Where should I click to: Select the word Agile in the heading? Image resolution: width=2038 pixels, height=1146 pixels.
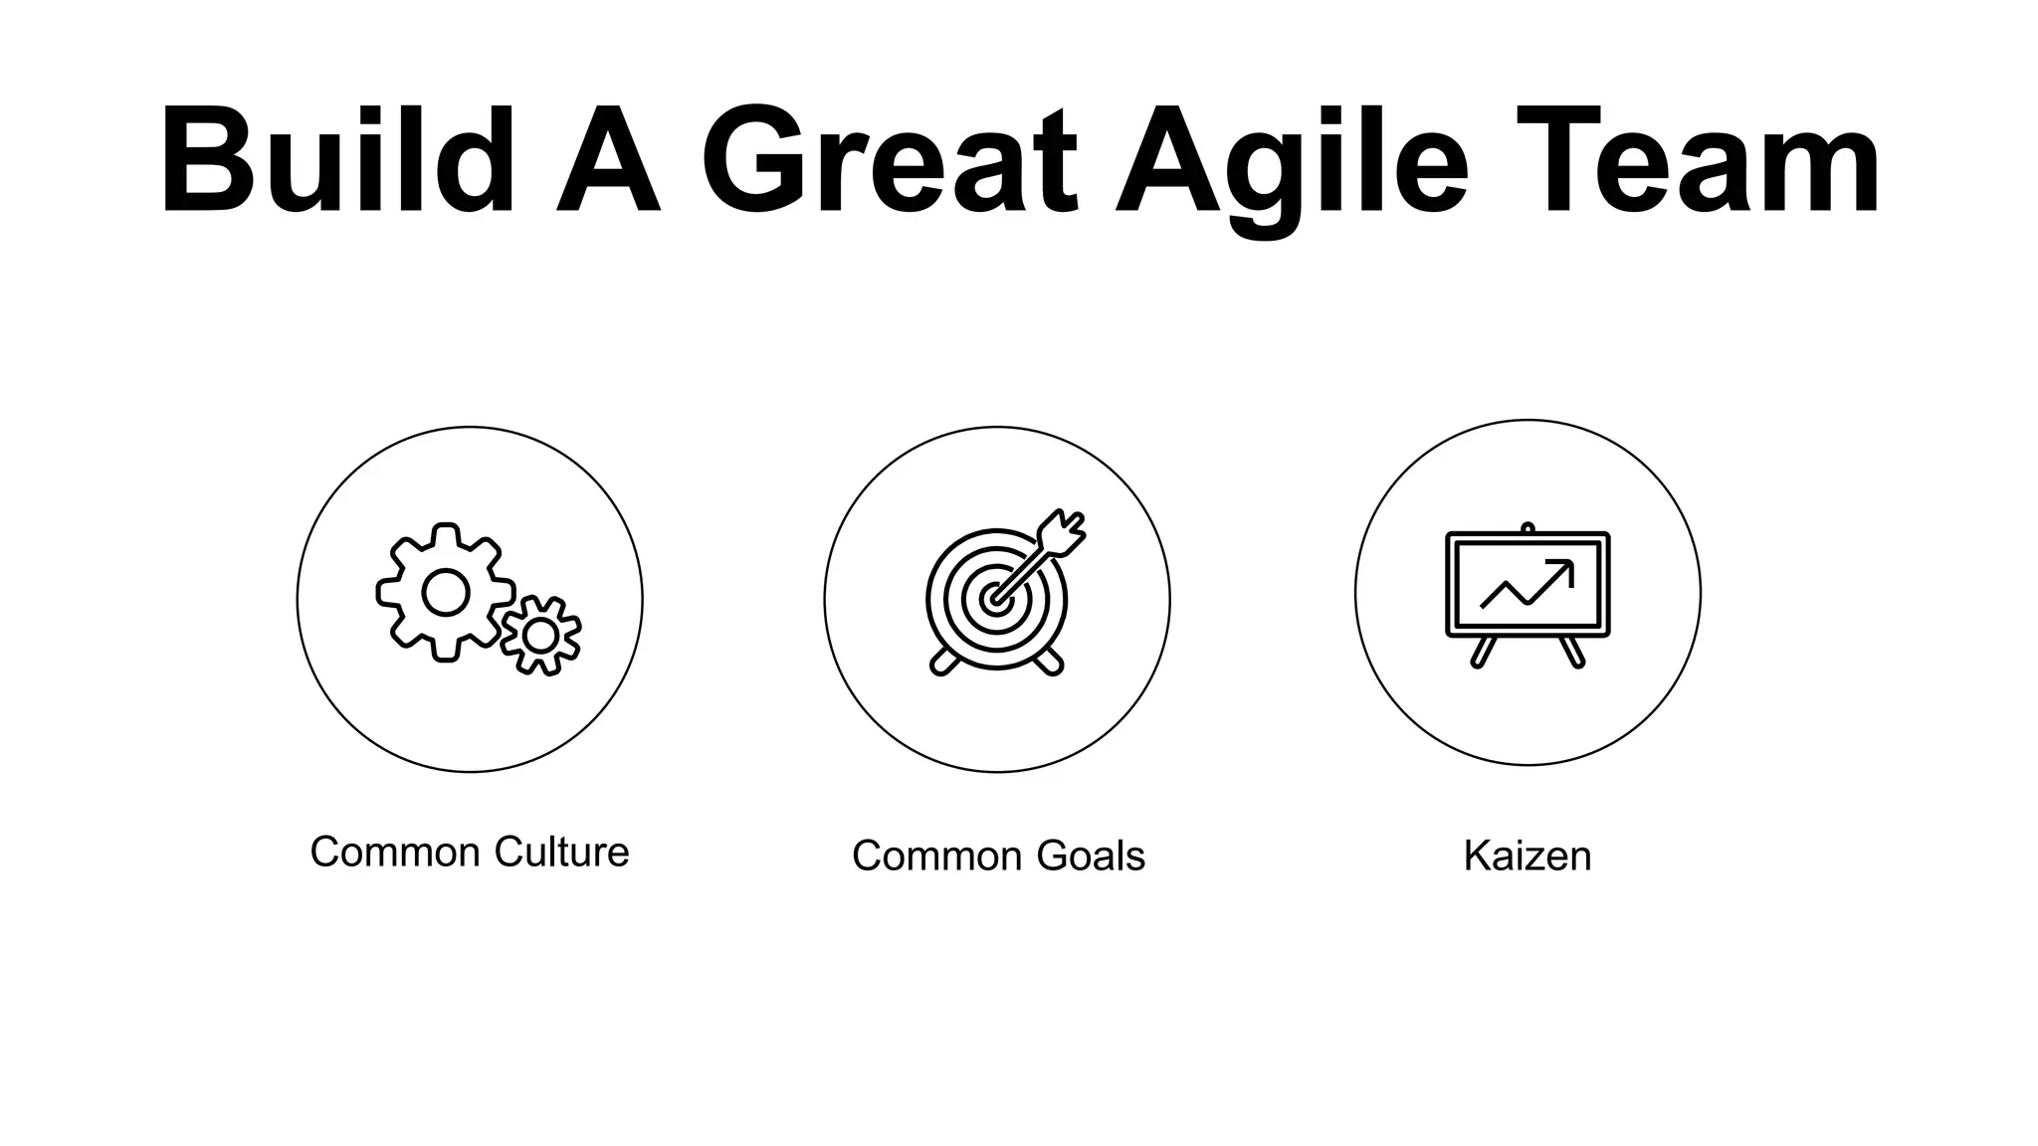pos(1291,164)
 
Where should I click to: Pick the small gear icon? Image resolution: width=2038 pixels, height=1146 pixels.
pos(540,635)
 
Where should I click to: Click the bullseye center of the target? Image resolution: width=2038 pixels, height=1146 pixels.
pos(994,599)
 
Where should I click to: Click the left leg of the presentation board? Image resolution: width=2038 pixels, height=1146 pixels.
pos(1483,652)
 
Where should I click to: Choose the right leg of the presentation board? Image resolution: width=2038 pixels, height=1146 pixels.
pos(1572,652)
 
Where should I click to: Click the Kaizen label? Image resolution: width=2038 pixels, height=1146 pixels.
pos(1527,857)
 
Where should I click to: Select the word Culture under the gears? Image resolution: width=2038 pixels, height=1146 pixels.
pos(561,853)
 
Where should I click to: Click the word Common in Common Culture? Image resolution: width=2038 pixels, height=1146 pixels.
pos(395,853)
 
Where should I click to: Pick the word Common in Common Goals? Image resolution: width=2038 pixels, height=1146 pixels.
pos(936,857)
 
